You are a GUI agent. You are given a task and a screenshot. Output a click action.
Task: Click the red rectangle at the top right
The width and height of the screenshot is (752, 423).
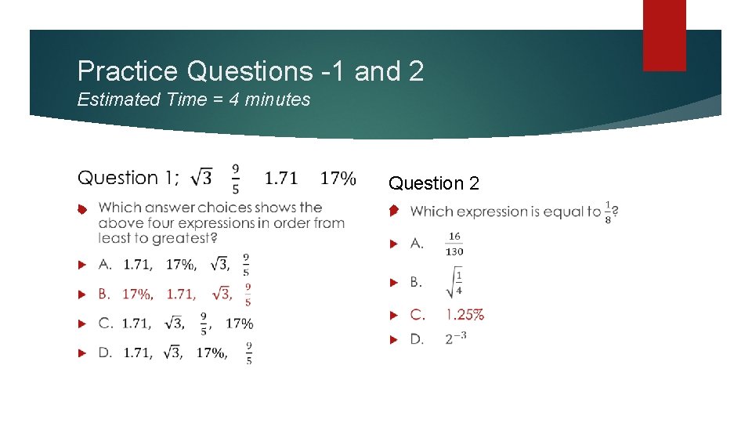(x=663, y=34)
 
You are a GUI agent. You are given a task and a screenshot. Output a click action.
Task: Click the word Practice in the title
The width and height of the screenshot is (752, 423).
(x=128, y=72)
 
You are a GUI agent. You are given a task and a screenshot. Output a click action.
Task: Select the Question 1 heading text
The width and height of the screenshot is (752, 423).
(x=128, y=178)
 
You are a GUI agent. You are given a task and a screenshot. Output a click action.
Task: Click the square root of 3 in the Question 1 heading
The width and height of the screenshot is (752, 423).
(x=201, y=178)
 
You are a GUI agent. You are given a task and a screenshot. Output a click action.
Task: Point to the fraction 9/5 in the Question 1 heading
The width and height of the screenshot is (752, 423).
(x=236, y=178)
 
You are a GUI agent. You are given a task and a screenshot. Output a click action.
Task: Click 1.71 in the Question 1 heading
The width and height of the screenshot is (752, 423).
(x=281, y=178)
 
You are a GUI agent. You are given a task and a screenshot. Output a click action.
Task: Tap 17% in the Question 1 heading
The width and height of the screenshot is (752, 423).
(x=338, y=178)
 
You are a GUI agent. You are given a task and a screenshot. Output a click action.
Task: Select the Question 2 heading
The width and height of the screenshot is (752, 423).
(x=434, y=183)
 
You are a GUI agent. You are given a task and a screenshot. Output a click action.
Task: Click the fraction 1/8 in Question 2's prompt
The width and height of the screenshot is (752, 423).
(x=609, y=211)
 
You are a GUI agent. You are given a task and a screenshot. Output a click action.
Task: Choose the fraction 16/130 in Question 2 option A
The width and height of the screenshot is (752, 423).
(x=454, y=244)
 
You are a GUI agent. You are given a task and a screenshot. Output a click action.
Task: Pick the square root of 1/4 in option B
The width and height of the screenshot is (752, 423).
(x=454, y=282)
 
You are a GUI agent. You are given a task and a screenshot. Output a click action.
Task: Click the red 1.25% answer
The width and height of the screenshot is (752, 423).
(x=465, y=315)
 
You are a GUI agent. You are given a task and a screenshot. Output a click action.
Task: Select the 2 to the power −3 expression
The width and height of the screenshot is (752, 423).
(x=456, y=338)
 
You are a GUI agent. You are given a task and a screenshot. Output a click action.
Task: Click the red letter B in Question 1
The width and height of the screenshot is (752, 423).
(x=103, y=295)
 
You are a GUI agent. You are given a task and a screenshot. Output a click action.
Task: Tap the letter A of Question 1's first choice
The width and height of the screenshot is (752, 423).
(x=104, y=265)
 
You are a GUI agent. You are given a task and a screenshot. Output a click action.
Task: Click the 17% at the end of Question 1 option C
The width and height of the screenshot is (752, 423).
(x=239, y=323)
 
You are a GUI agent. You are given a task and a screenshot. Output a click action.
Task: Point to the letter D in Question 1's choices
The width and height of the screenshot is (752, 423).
(x=104, y=352)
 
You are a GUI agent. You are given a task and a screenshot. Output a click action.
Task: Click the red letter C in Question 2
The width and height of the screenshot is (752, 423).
(x=418, y=315)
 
